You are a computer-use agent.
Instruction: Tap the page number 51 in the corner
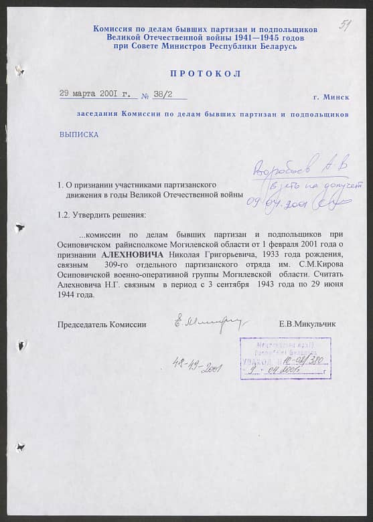coord(346,25)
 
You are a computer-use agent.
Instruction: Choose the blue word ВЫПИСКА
coord(79,135)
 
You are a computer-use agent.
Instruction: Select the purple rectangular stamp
coord(285,358)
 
